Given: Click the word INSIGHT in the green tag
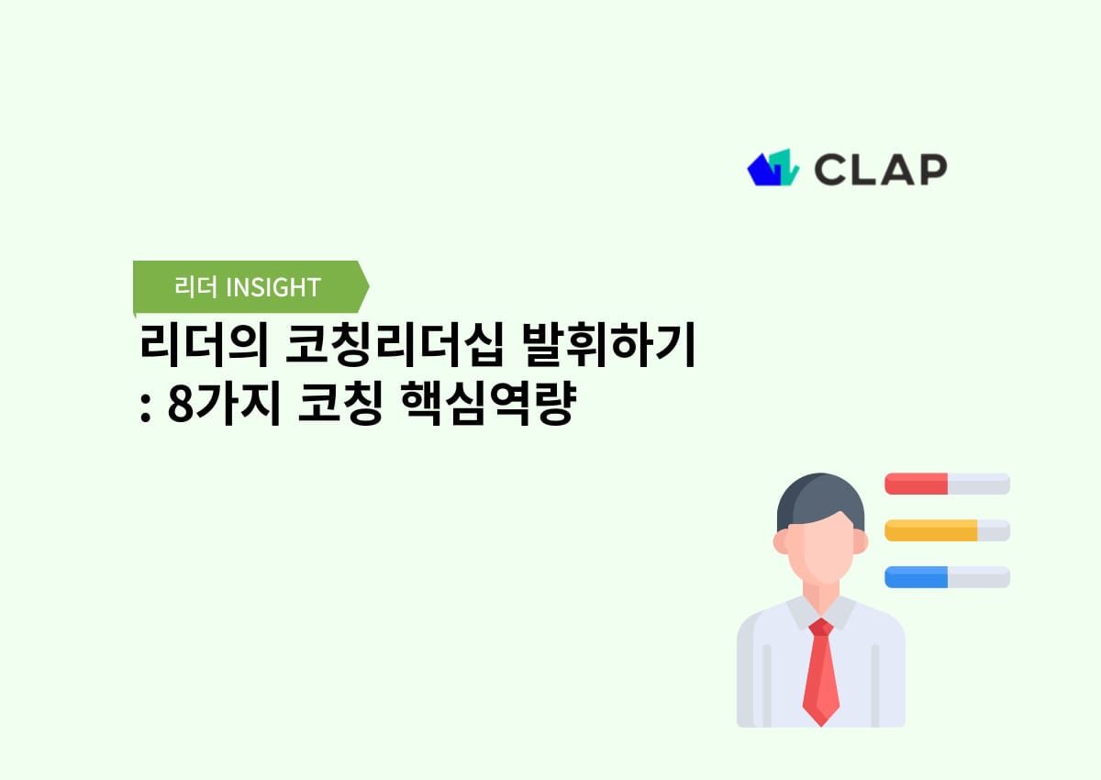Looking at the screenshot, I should [x=272, y=287].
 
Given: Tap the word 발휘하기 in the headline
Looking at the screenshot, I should [x=607, y=349].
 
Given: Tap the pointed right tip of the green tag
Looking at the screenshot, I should [x=367, y=287].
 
